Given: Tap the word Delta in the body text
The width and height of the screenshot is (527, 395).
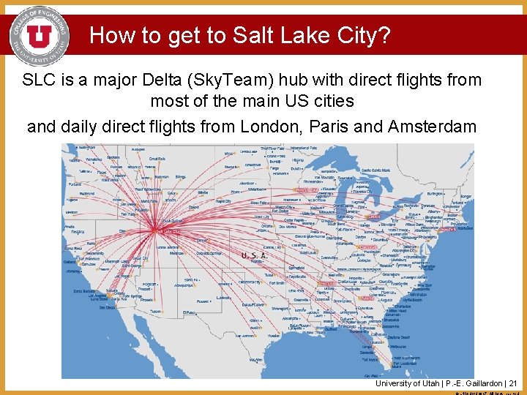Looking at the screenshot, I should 193,80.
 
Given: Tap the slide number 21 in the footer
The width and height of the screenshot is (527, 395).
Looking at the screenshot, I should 512,383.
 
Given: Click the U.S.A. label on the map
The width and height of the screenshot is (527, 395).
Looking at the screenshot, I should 254,256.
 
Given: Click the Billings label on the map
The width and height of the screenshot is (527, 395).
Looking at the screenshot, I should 181,176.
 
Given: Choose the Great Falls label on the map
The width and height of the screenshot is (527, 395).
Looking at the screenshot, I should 156,159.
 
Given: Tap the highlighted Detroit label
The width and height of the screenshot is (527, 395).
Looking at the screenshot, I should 374,217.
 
